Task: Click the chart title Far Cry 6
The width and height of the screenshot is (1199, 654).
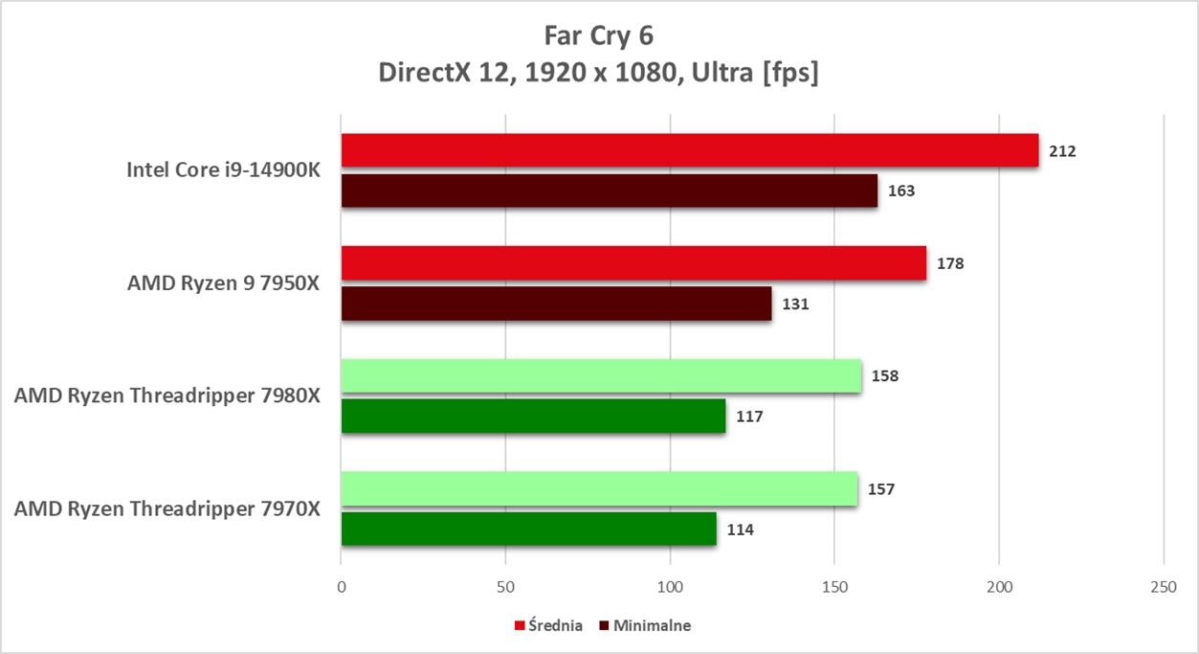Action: (598, 35)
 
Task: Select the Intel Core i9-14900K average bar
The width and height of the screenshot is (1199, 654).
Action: (689, 150)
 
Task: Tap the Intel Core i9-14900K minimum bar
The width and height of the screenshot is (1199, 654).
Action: (609, 191)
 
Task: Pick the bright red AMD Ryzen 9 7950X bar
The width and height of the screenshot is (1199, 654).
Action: (633, 263)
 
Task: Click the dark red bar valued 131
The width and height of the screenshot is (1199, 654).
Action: (556, 304)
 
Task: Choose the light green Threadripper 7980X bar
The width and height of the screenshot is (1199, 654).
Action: (601, 375)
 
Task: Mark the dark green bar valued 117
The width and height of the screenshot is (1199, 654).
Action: (533, 417)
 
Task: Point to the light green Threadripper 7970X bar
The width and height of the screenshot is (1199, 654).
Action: (599, 489)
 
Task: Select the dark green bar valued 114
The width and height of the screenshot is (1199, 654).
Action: (528, 530)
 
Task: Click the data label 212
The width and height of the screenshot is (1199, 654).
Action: (1062, 150)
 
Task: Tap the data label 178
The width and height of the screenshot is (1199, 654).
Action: (950, 263)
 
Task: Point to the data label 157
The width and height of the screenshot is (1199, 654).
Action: (880, 489)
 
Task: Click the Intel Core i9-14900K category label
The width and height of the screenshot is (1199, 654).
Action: (224, 170)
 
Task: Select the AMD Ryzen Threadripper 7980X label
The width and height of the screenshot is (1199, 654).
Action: (167, 395)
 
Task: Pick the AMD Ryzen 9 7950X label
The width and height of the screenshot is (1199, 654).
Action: (224, 283)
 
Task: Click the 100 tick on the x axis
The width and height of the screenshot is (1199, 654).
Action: (670, 587)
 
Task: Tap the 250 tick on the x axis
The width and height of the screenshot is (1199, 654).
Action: (1163, 587)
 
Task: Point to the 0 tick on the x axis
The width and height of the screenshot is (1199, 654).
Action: (342, 587)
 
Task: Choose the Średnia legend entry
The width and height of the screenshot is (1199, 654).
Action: (548, 625)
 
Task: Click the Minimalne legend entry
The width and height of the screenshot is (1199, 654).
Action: (644, 625)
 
